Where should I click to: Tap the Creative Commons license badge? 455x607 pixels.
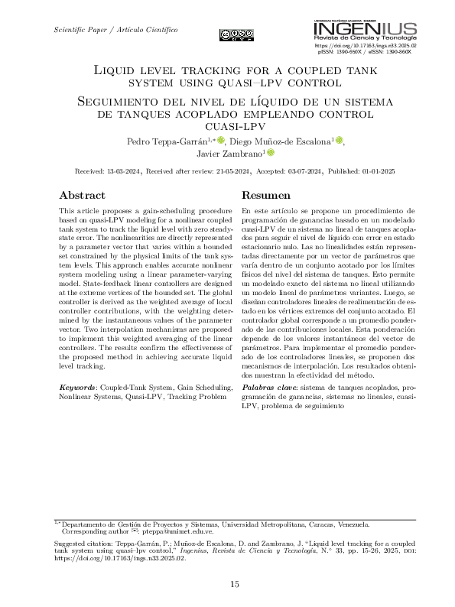[236, 33]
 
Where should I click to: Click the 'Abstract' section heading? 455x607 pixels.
[82, 195]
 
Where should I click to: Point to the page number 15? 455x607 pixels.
[236, 585]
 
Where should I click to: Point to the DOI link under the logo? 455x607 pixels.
[366, 46]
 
